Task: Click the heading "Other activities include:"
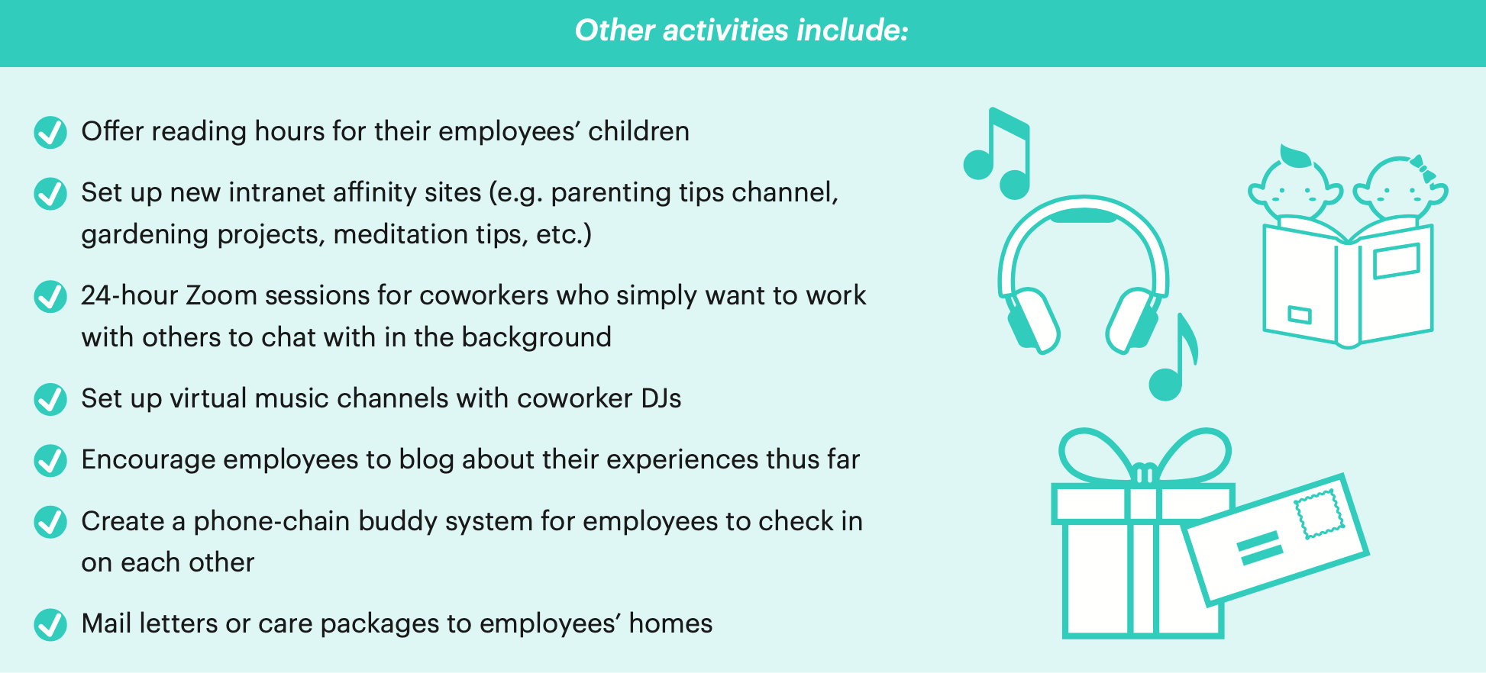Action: tap(741, 31)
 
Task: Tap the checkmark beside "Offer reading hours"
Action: tap(50, 132)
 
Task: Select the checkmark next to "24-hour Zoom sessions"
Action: tap(50, 296)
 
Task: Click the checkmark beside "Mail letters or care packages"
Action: tap(50, 624)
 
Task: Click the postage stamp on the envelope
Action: tap(1319, 514)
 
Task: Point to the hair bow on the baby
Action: tap(1423, 169)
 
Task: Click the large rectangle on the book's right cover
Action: tap(1396, 261)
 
